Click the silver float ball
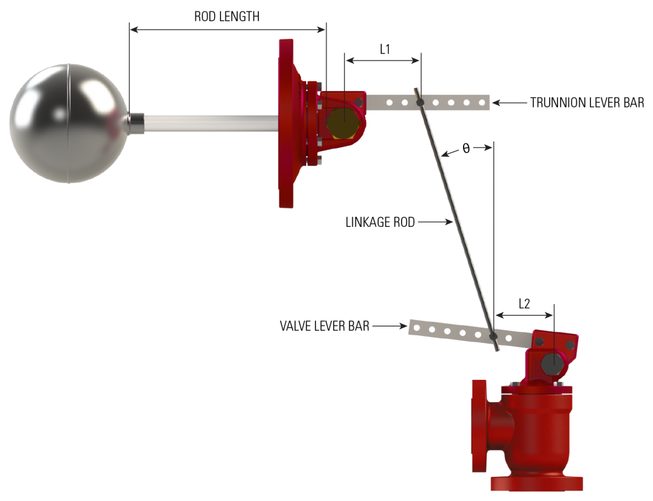pos(67,123)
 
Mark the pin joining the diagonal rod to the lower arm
pos(493,335)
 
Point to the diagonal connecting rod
pos(456,217)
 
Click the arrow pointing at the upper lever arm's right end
pos(510,102)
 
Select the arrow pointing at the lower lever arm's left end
pos(389,326)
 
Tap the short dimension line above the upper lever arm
pos(383,61)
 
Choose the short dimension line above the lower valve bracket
pos(524,314)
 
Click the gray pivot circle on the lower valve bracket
pos(552,363)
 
